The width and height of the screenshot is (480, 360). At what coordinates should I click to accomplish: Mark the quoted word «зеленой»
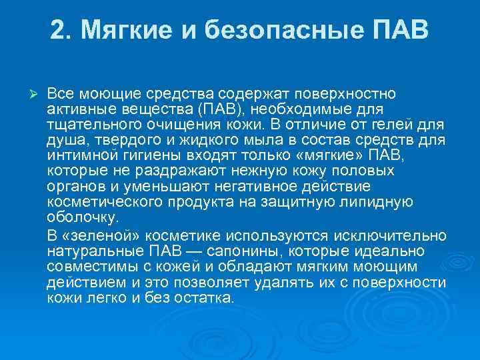tap(103, 235)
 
